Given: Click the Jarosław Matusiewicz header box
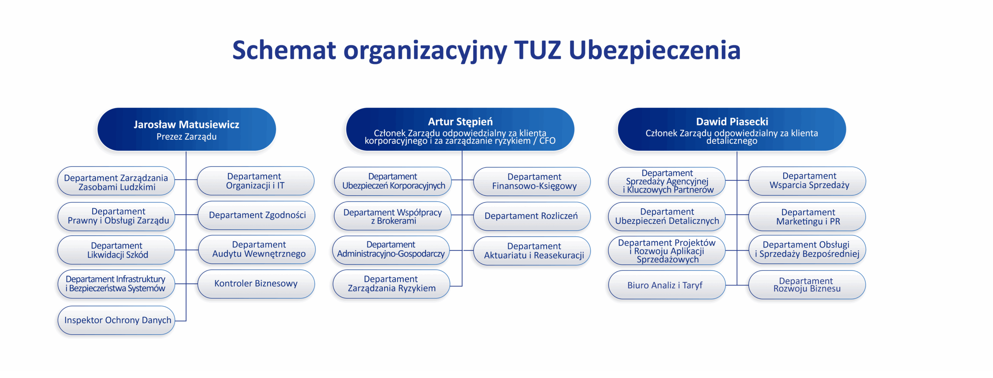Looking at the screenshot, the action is pos(187,129).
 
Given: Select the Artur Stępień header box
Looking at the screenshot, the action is pos(460,129).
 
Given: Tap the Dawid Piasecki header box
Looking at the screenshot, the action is pos(732,129).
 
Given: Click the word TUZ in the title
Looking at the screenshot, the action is pos(538,50).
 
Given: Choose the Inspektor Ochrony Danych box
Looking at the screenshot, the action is pos(116,320).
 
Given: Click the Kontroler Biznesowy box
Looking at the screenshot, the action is pos(256,284).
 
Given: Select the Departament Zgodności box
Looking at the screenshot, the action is pos(256,215).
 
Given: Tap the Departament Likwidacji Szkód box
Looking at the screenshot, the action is pos(116,250).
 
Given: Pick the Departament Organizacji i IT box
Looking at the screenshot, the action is pos(256,181).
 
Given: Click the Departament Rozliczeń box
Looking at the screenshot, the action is pos(532,216).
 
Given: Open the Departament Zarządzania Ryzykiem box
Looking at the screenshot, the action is pos(391,284).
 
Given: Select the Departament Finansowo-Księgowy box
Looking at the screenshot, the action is pos(532,181).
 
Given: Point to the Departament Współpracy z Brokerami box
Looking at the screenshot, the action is pos(393,216).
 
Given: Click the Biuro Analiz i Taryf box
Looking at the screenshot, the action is pos(667,285).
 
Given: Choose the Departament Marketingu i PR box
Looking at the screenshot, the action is pos(807,216).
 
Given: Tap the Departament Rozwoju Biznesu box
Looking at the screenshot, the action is pos(807,285).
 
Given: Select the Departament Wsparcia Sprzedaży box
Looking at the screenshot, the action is pos(807,181).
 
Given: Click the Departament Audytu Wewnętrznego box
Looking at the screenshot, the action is pos(257,250).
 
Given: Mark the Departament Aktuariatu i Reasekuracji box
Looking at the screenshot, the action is pos(532,251).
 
